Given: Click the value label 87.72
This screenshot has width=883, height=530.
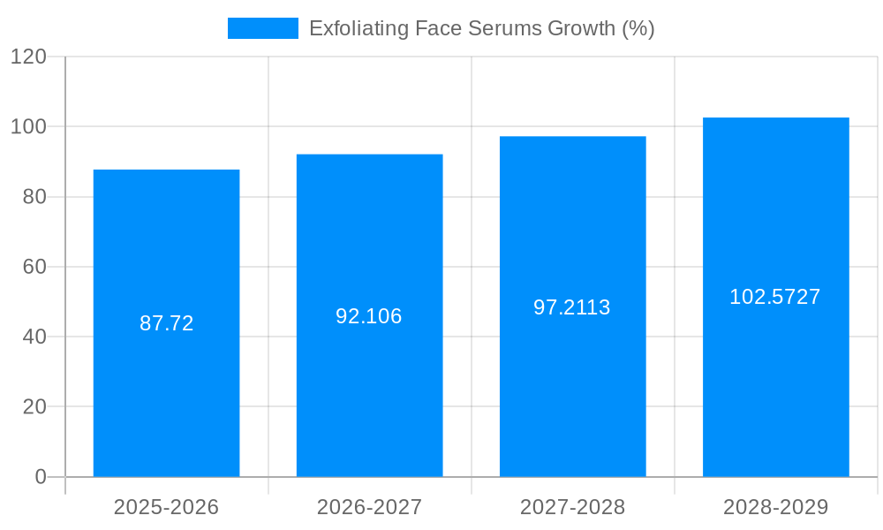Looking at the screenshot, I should click(166, 323).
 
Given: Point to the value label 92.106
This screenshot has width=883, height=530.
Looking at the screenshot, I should click(369, 316).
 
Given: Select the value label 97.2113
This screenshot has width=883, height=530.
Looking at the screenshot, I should click(572, 307).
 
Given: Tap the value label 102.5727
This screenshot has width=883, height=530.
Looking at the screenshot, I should click(775, 297).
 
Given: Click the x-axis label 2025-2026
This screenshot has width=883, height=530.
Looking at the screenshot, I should click(166, 507).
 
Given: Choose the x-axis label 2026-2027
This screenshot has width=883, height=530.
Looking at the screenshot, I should click(369, 507).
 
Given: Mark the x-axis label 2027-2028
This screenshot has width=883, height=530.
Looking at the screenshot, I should click(572, 507).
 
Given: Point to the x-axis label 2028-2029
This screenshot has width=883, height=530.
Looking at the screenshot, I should click(775, 507).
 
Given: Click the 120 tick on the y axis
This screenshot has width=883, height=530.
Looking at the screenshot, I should click(28, 57).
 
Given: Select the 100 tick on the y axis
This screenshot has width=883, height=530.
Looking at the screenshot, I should click(28, 126).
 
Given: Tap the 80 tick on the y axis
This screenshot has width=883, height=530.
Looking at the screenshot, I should click(34, 197).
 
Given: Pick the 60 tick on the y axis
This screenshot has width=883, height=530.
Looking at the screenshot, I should click(34, 267).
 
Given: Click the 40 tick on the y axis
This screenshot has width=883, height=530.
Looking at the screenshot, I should click(34, 337).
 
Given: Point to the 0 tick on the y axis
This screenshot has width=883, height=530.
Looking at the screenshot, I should click(41, 477).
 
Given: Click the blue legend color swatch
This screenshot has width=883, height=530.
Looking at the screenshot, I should click(262, 28).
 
